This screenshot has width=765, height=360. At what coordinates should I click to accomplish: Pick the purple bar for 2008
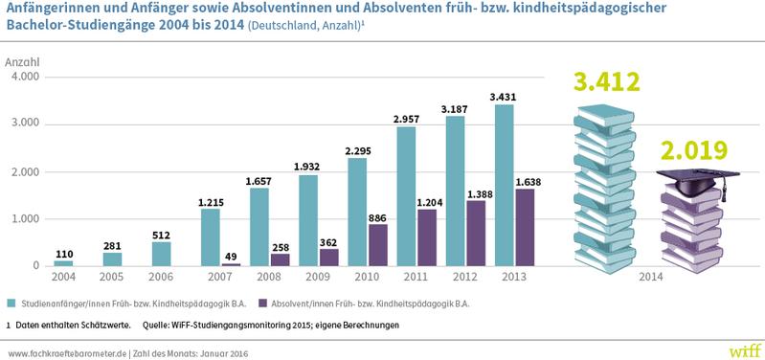point(281,259)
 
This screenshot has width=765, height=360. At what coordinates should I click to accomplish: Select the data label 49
point(231,256)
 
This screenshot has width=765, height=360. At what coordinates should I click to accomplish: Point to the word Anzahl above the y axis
point(22,61)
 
